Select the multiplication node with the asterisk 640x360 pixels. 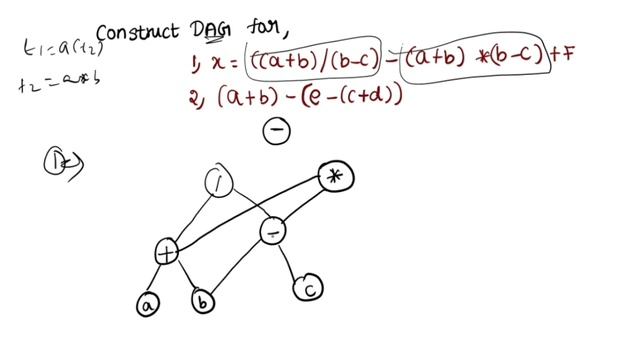336,177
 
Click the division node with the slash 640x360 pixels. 217,182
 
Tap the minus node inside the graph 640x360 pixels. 274,232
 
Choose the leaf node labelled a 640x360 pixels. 147,303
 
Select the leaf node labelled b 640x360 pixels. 203,301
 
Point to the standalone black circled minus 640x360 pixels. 276,131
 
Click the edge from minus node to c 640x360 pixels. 292,261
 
